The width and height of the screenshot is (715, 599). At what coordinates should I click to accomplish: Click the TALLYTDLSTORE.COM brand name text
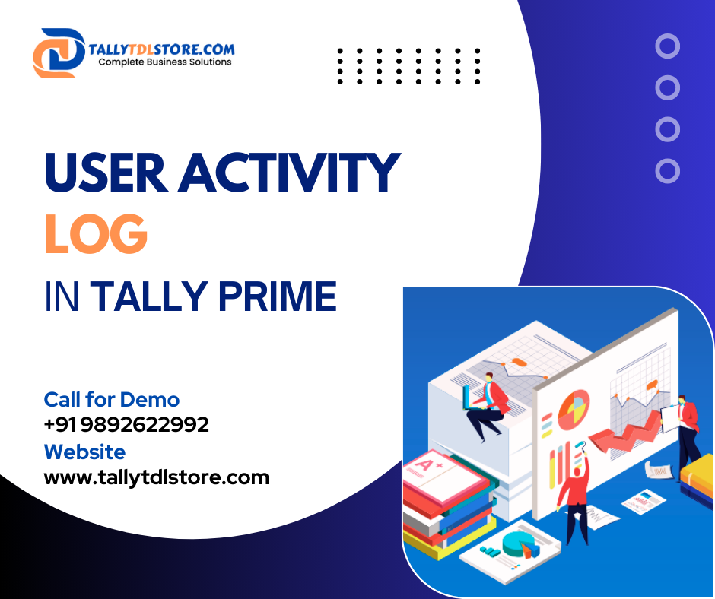tap(162, 49)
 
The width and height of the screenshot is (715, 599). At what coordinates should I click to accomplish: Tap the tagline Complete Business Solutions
tap(165, 62)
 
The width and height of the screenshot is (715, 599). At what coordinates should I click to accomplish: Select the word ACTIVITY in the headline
tap(289, 173)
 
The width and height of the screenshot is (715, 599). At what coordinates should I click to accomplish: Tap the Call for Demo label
tap(112, 399)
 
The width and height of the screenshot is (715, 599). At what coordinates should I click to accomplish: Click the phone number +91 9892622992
tap(126, 425)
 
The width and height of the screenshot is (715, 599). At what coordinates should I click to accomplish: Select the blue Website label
tap(84, 452)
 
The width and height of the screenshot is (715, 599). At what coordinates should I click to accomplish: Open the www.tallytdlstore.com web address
tap(157, 477)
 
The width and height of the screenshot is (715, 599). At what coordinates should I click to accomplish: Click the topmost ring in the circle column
tap(667, 47)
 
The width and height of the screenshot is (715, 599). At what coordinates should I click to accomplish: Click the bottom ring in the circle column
tap(667, 170)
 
